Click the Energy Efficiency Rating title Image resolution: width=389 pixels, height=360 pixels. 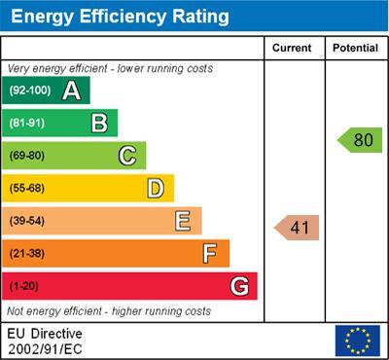[x=120, y=17]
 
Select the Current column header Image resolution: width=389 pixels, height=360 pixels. [x=292, y=48]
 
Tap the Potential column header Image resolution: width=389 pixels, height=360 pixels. [x=355, y=48]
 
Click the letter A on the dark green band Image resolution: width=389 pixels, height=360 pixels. [x=71, y=90]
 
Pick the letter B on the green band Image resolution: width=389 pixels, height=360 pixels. [x=99, y=123]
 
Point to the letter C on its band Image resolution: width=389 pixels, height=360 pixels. [x=127, y=156]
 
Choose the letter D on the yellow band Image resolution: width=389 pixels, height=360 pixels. [x=156, y=189]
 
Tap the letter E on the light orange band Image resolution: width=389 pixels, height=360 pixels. [x=183, y=221]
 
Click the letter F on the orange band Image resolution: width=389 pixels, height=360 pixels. [x=210, y=254]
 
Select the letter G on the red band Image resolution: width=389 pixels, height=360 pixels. [x=239, y=286]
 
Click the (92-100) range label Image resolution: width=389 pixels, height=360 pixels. [x=30, y=90]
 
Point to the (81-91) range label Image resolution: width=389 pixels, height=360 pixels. [x=27, y=123]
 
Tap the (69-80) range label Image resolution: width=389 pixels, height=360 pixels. [x=27, y=156]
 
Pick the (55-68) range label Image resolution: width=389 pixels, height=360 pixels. [x=27, y=189]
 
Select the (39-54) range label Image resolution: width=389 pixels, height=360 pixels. [x=27, y=221]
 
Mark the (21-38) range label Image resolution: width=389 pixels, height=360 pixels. [x=27, y=254]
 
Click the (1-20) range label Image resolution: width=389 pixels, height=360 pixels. [x=23, y=286]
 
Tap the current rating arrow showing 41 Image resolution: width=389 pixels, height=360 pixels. [x=297, y=228]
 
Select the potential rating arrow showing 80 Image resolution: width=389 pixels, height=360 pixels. [x=360, y=140]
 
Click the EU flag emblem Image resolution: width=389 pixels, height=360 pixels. [x=358, y=341]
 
